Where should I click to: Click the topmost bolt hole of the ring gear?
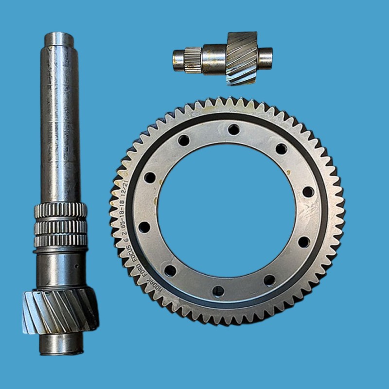(x=234, y=129)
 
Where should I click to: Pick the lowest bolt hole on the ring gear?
(x=218, y=291)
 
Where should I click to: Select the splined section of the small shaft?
(x=193, y=59)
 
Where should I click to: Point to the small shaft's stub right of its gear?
(x=265, y=58)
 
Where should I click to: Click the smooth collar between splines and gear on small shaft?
(x=214, y=59)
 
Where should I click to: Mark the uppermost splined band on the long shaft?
(x=60, y=210)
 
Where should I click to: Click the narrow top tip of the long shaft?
(x=59, y=39)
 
